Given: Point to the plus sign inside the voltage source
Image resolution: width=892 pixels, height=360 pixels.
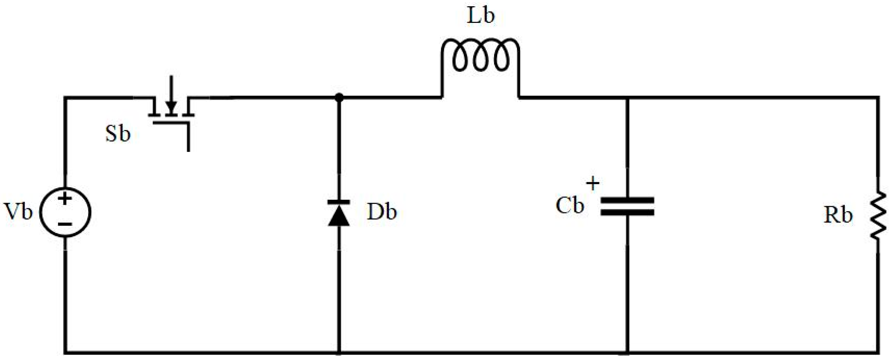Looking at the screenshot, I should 64,199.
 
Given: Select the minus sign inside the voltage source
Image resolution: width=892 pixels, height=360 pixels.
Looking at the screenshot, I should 65,224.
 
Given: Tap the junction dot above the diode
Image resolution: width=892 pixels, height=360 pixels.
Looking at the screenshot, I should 339,98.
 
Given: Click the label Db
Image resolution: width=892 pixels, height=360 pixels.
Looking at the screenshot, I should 382,212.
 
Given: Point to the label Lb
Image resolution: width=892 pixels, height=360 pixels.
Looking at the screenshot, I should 481,16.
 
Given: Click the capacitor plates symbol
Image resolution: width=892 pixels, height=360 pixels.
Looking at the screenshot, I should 627,207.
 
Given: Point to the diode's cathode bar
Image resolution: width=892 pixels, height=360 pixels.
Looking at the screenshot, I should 339,201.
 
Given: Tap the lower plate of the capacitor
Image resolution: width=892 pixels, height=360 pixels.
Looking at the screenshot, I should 627,213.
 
